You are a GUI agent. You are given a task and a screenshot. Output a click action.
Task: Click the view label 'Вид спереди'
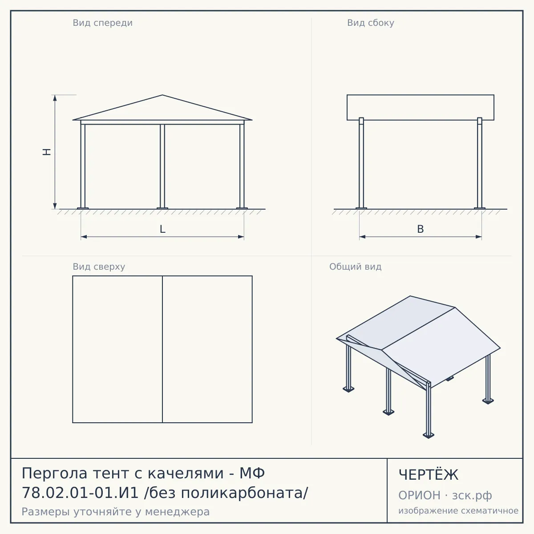point(102,23)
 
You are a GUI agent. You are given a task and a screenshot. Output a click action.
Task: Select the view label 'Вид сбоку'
point(371,23)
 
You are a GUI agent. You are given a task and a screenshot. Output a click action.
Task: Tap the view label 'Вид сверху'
point(99,267)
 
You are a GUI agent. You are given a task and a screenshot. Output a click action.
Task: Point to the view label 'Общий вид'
point(355,267)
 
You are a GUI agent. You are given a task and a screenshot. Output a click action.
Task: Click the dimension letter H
point(47,152)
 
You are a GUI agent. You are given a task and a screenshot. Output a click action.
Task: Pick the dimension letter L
point(163,229)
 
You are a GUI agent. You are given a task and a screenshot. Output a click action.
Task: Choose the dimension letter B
point(421,229)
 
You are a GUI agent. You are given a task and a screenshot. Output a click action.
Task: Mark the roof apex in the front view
point(162,95)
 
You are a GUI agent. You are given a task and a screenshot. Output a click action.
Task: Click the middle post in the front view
point(162,166)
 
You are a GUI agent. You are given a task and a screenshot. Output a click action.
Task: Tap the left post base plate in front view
point(83,208)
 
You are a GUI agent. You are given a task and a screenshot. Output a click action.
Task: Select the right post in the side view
point(480,163)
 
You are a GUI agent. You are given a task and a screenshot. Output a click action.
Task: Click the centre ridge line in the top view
point(162,349)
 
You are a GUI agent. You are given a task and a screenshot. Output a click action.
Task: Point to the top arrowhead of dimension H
point(55,98)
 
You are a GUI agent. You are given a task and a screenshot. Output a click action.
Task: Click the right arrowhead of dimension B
point(478,237)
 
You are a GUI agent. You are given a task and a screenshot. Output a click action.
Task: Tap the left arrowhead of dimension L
point(84,237)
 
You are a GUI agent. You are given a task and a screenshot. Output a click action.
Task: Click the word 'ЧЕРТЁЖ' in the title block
point(428,475)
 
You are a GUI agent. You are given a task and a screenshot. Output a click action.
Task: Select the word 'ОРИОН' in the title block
point(419,495)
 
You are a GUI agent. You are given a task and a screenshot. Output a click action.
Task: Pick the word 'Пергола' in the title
point(55,473)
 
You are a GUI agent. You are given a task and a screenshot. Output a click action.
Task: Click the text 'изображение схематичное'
point(458,511)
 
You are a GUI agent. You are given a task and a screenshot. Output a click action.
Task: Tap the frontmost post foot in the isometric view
point(429,436)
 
